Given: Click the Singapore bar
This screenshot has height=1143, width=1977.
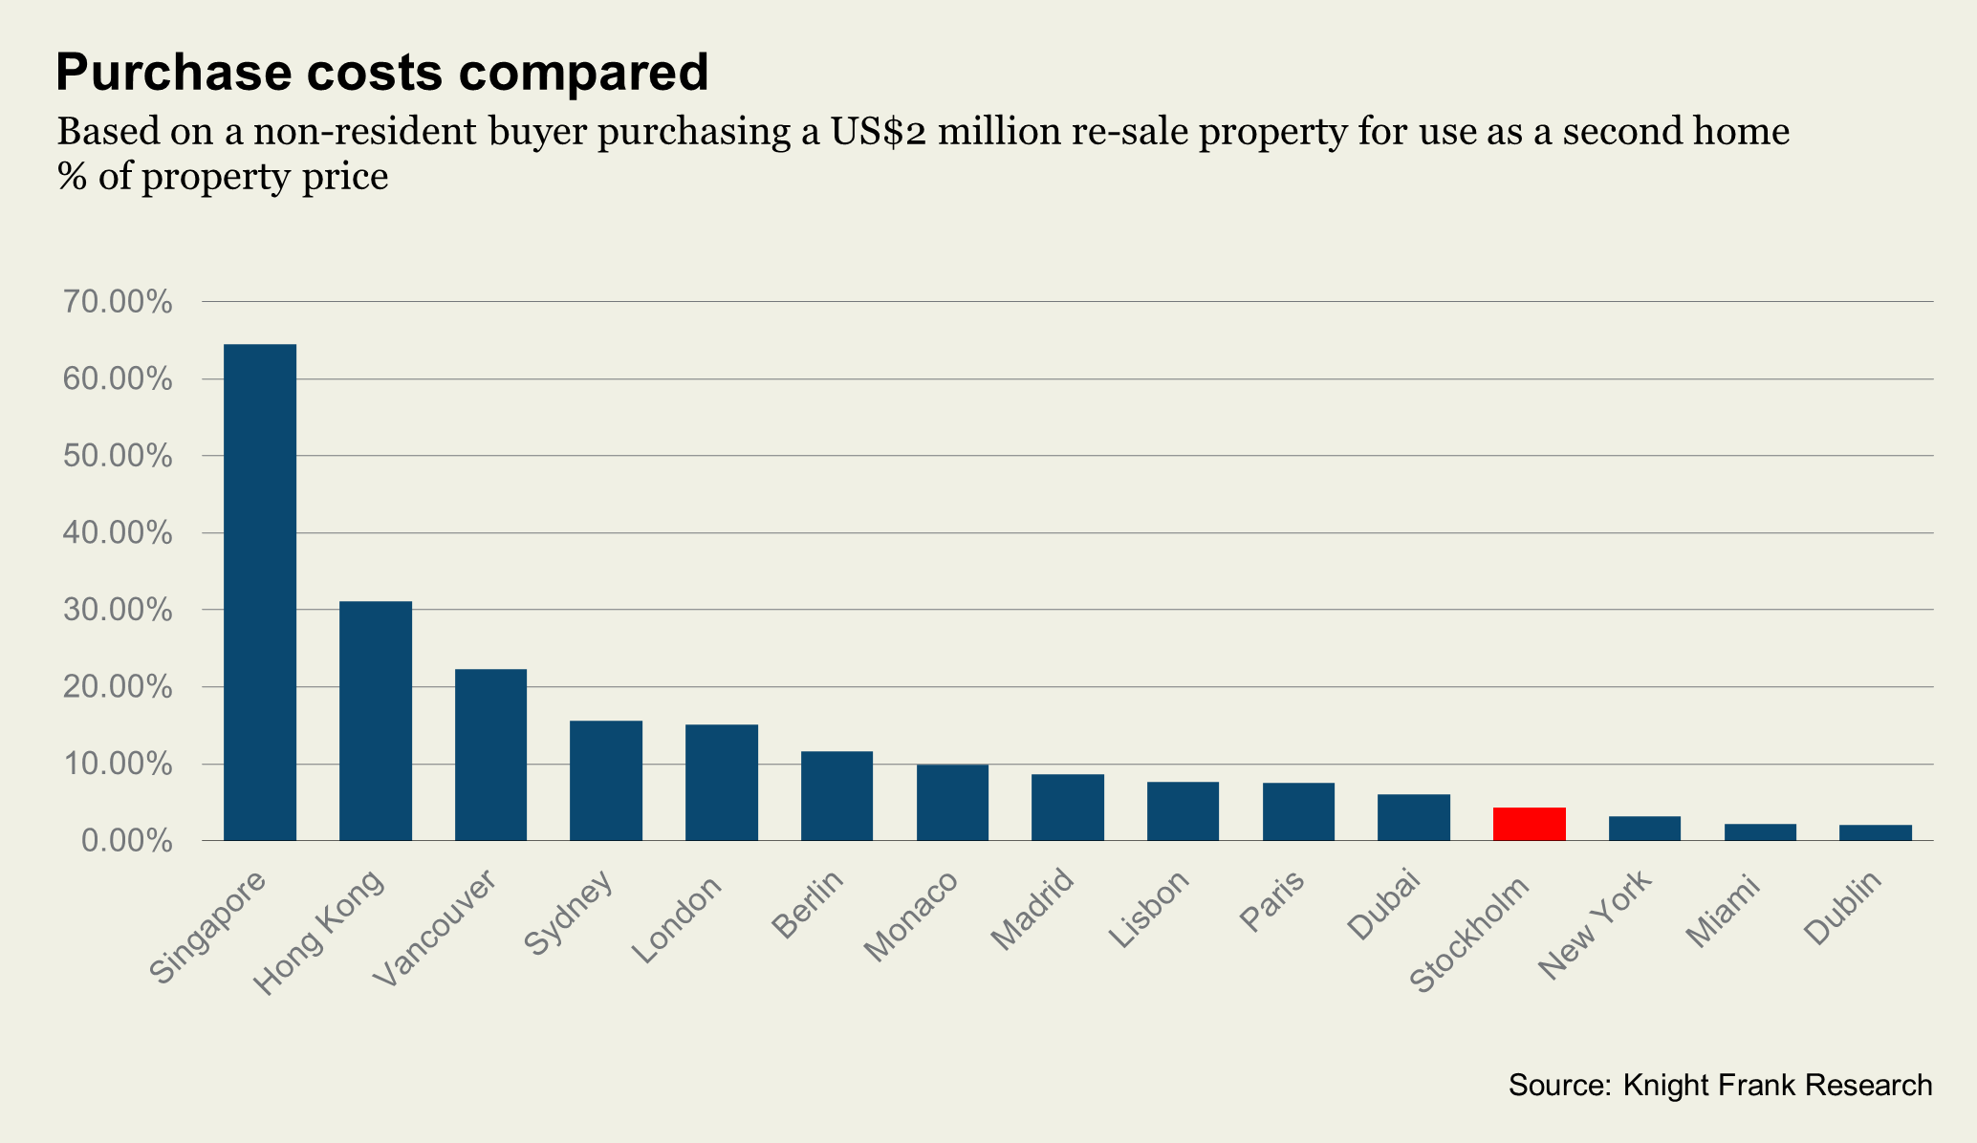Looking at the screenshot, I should pos(259,593).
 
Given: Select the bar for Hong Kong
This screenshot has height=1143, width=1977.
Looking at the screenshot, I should pos(376,721).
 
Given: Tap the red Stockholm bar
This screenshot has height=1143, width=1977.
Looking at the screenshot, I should pos(1529,824).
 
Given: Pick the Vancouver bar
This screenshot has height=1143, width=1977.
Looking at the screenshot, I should pos(490,755).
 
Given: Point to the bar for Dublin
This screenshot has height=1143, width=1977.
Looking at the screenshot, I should pos(1875,832).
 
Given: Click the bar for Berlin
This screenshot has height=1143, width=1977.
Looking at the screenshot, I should pos(836,796).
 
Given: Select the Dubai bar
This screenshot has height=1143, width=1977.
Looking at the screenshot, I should pos(1413,817).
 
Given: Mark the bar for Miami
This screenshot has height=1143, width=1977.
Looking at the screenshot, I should pos(1760,831).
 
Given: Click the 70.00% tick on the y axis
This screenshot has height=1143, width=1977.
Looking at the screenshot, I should pos(118,303).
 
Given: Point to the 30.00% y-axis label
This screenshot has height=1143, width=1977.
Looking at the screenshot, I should pos(118,611).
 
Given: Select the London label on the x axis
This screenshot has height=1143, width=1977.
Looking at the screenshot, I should pos(678,919).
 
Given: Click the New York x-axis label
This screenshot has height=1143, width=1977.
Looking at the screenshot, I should pos(1596,925).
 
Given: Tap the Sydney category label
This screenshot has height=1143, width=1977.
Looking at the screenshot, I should pos(569,913).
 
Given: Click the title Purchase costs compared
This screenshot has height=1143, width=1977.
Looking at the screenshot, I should pos(382,73).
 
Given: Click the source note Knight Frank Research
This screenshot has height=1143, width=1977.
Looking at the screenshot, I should pos(1720,1085).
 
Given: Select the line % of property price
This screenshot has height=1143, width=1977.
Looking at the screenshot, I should pos(223,178).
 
